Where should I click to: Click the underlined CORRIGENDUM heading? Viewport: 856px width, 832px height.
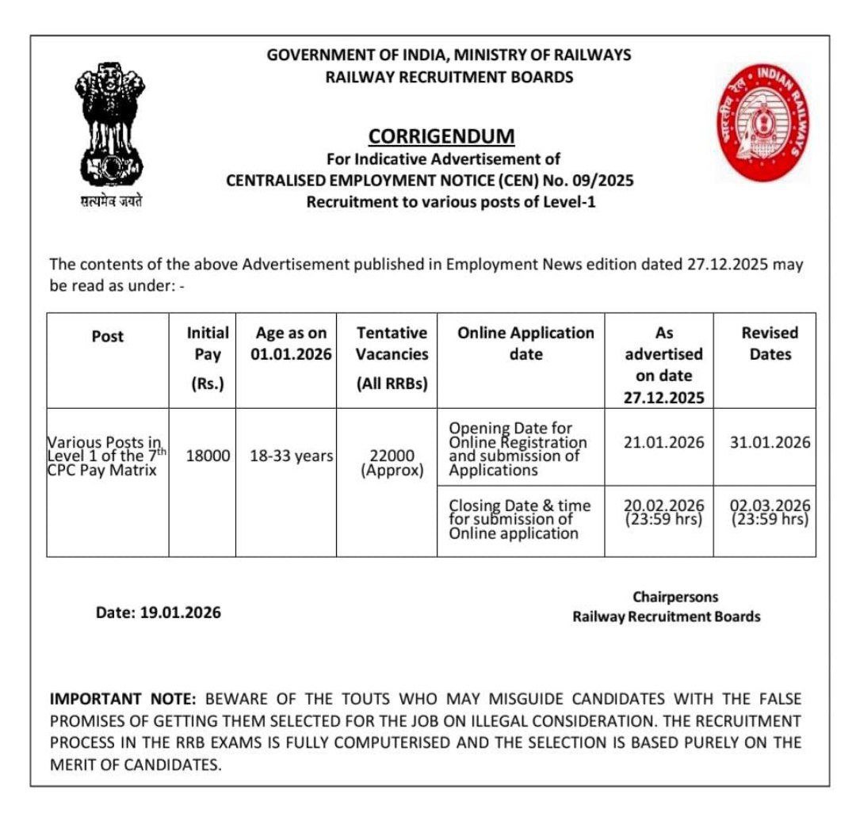pyautogui.click(x=441, y=136)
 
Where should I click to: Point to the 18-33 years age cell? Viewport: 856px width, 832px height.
pyautogui.click(x=292, y=456)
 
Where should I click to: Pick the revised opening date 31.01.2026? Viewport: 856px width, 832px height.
pyautogui.click(x=770, y=442)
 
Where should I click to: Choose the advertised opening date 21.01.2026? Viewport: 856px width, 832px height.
pyautogui.click(x=663, y=442)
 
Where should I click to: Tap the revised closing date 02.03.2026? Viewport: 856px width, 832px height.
pyautogui.click(x=770, y=513)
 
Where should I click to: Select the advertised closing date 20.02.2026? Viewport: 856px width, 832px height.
pyautogui.click(x=663, y=513)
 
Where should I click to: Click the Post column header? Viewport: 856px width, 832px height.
pyautogui.click(x=108, y=336)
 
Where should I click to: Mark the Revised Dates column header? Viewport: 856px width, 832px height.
pyautogui.click(x=770, y=343)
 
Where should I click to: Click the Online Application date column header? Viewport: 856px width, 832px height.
pyautogui.click(x=525, y=343)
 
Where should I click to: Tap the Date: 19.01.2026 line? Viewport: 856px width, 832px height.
pyautogui.click(x=159, y=613)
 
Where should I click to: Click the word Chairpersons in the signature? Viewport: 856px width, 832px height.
pyautogui.click(x=675, y=597)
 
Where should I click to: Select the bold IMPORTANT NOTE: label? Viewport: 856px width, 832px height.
pyautogui.click(x=123, y=699)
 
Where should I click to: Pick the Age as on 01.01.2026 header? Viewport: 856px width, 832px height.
pyautogui.click(x=291, y=343)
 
